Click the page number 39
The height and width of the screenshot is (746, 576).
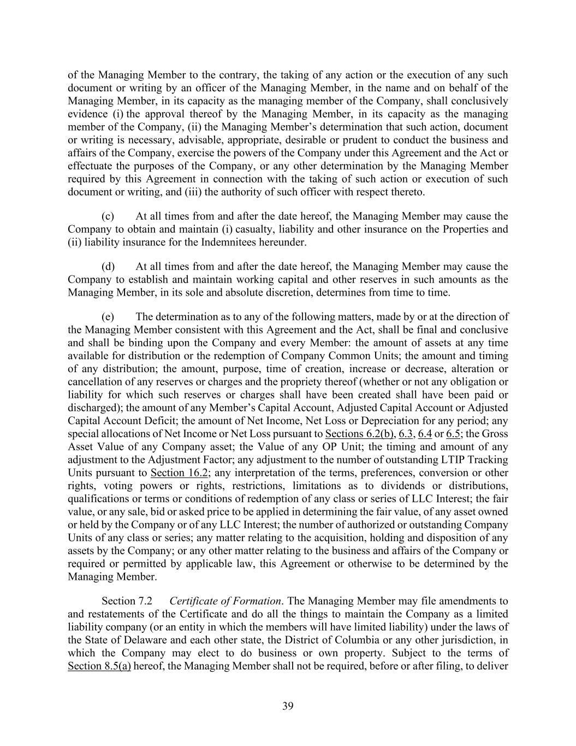[x=288, y=706]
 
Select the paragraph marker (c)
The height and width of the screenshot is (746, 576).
[x=108, y=216]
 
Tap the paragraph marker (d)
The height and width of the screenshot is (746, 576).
[x=108, y=267]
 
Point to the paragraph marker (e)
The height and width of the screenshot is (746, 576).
[x=108, y=317]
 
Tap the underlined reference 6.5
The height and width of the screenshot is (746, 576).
[x=453, y=434]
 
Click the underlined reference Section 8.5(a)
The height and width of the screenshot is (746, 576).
[x=99, y=666]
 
